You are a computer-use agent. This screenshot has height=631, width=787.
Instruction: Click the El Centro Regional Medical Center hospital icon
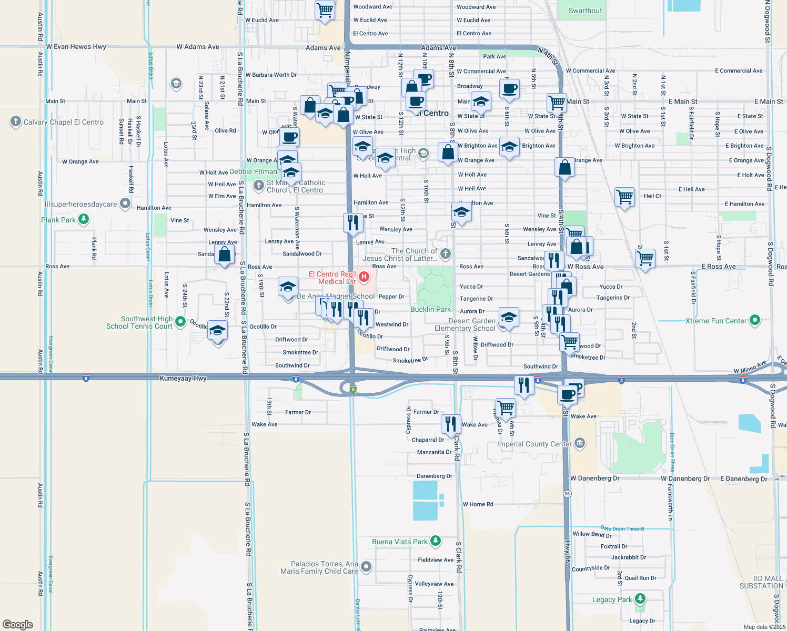[x=364, y=277]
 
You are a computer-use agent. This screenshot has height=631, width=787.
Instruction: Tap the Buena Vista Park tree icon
[x=435, y=541]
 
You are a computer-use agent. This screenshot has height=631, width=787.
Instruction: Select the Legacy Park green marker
[x=640, y=598]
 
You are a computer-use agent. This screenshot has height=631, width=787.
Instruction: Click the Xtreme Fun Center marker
[x=755, y=320]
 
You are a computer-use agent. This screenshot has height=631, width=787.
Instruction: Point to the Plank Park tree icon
[x=84, y=219]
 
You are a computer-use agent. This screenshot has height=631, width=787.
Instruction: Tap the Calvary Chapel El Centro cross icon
[x=15, y=121]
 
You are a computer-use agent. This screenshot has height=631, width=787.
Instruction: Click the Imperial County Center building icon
[x=579, y=443]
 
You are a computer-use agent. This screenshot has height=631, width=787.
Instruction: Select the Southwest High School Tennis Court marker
[x=180, y=321]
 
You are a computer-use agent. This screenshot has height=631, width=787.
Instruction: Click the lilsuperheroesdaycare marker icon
[x=125, y=203]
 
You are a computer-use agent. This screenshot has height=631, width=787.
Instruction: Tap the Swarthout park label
[x=585, y=11]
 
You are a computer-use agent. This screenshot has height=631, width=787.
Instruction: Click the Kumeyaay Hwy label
[x=183, y=378]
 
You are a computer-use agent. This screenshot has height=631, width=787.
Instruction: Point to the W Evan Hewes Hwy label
[x=76, y=47]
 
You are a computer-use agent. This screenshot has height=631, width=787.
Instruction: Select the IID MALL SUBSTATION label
[x=761, y=582]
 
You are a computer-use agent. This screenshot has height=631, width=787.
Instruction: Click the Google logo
[x=17, y=624]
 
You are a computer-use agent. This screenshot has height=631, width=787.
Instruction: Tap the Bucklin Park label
[x=430, y=309]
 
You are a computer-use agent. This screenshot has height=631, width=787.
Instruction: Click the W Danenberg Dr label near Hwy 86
[x=594, y=479]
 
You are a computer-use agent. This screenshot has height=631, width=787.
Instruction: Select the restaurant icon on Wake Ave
[x=451, y=424]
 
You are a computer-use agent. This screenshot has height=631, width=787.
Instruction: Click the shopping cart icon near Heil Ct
[x=624, y=197]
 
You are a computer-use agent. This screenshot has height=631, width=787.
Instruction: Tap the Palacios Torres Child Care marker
[x=366, y=566]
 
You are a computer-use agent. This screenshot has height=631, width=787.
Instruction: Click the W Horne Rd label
[x=478, y=504]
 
